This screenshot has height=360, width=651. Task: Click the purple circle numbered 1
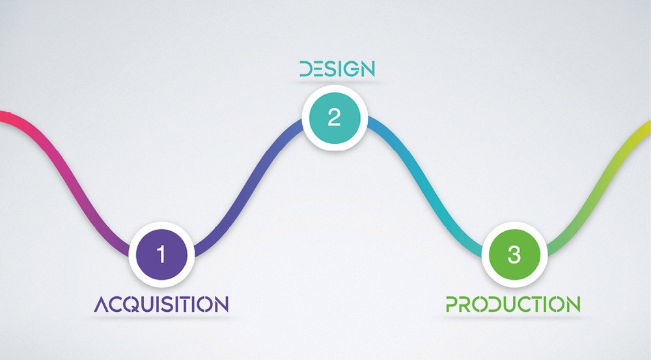161,255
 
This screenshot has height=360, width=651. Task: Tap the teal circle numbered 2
335,118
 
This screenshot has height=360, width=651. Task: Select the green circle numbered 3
514,255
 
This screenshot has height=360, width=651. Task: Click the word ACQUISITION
161,304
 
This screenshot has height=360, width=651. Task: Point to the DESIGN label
337,69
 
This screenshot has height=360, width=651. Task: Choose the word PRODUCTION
513,304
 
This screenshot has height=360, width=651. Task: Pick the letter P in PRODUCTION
452,304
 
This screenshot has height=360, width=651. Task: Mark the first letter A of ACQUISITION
102,304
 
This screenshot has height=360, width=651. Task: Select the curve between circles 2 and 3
424,186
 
